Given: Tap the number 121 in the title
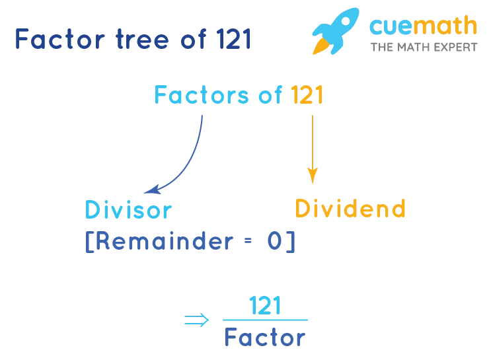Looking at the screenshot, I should [233, 40].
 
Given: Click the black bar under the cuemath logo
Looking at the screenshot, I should [425, 48].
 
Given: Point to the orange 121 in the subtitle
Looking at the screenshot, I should [307, 96].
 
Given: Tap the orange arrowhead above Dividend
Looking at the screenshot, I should [313, 176].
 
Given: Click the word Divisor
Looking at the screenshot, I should [128, 210].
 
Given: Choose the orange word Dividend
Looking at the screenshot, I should [350, 209].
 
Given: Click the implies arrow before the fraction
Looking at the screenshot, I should [194, 320].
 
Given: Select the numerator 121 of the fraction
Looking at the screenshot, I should [264, 306].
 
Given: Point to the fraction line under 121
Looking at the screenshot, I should [264, 320].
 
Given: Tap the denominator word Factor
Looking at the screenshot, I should [264, 339].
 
